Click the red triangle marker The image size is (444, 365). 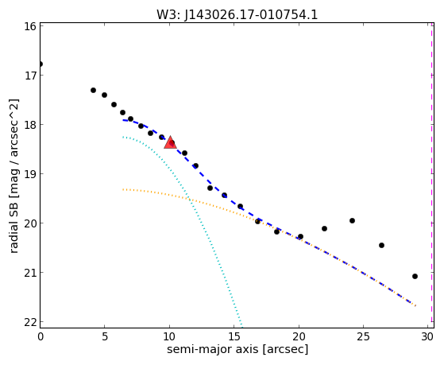click(x=170, y=142)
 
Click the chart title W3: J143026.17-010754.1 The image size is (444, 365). click(x=237, y=14)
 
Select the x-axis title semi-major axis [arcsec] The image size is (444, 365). click(x=237, y=349)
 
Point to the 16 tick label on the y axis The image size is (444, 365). click(x=30, y=26)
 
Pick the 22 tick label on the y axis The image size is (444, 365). click(x=30, y=322)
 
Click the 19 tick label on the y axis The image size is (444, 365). click(x=30, y=174)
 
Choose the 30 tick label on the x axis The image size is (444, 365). click(x=427, y=336)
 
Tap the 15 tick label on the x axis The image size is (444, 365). click(x=234, y=336)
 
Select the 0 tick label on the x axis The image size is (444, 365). click(x=41, y=336)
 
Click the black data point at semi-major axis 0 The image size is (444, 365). click(x=41, y=64)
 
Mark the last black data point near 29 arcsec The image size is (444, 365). click(x=415, y=276)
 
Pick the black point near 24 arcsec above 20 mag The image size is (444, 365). click(x=352, y=220)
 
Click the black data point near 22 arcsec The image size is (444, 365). click(x=324, y=228)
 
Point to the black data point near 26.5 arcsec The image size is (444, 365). click(x=381, y=245)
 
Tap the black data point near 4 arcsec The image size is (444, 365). click(x=93, y=90)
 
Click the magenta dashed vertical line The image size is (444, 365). click(x=432, y=173)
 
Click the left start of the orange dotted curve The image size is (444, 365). click(x=123, y=189)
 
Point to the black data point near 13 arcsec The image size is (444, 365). click(x=210, y=188)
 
